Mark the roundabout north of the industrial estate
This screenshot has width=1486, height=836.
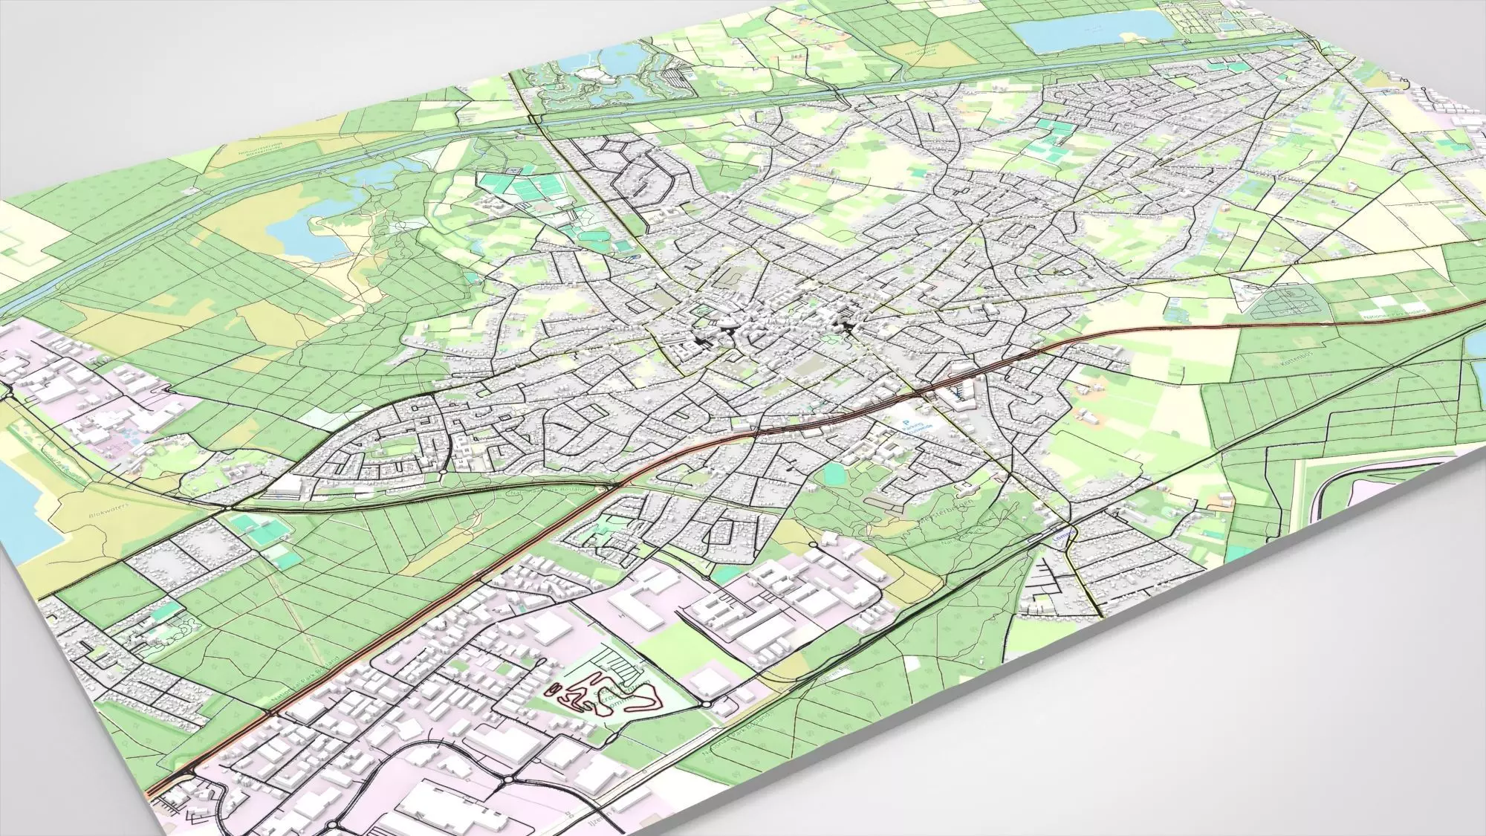click(x=814, y=546)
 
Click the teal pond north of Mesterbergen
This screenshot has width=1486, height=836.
click(x=835, y=473)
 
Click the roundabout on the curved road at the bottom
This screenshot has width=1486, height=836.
click(x=505, y=781)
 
